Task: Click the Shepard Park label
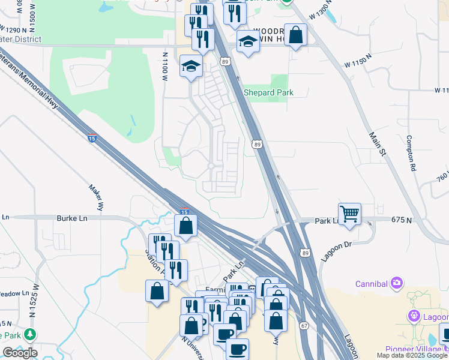(268, 92)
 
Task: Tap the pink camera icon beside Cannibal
(396, 283)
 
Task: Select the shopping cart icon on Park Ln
(349, 214)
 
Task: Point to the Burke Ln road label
(72, 218)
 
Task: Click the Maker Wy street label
(97, 197)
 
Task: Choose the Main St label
(376, 145)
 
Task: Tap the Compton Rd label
(412, 154)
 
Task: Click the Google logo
(20, 353)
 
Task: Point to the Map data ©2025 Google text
(412, 355)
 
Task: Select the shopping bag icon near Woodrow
(295, 35)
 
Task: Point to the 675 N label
(401, 220)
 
